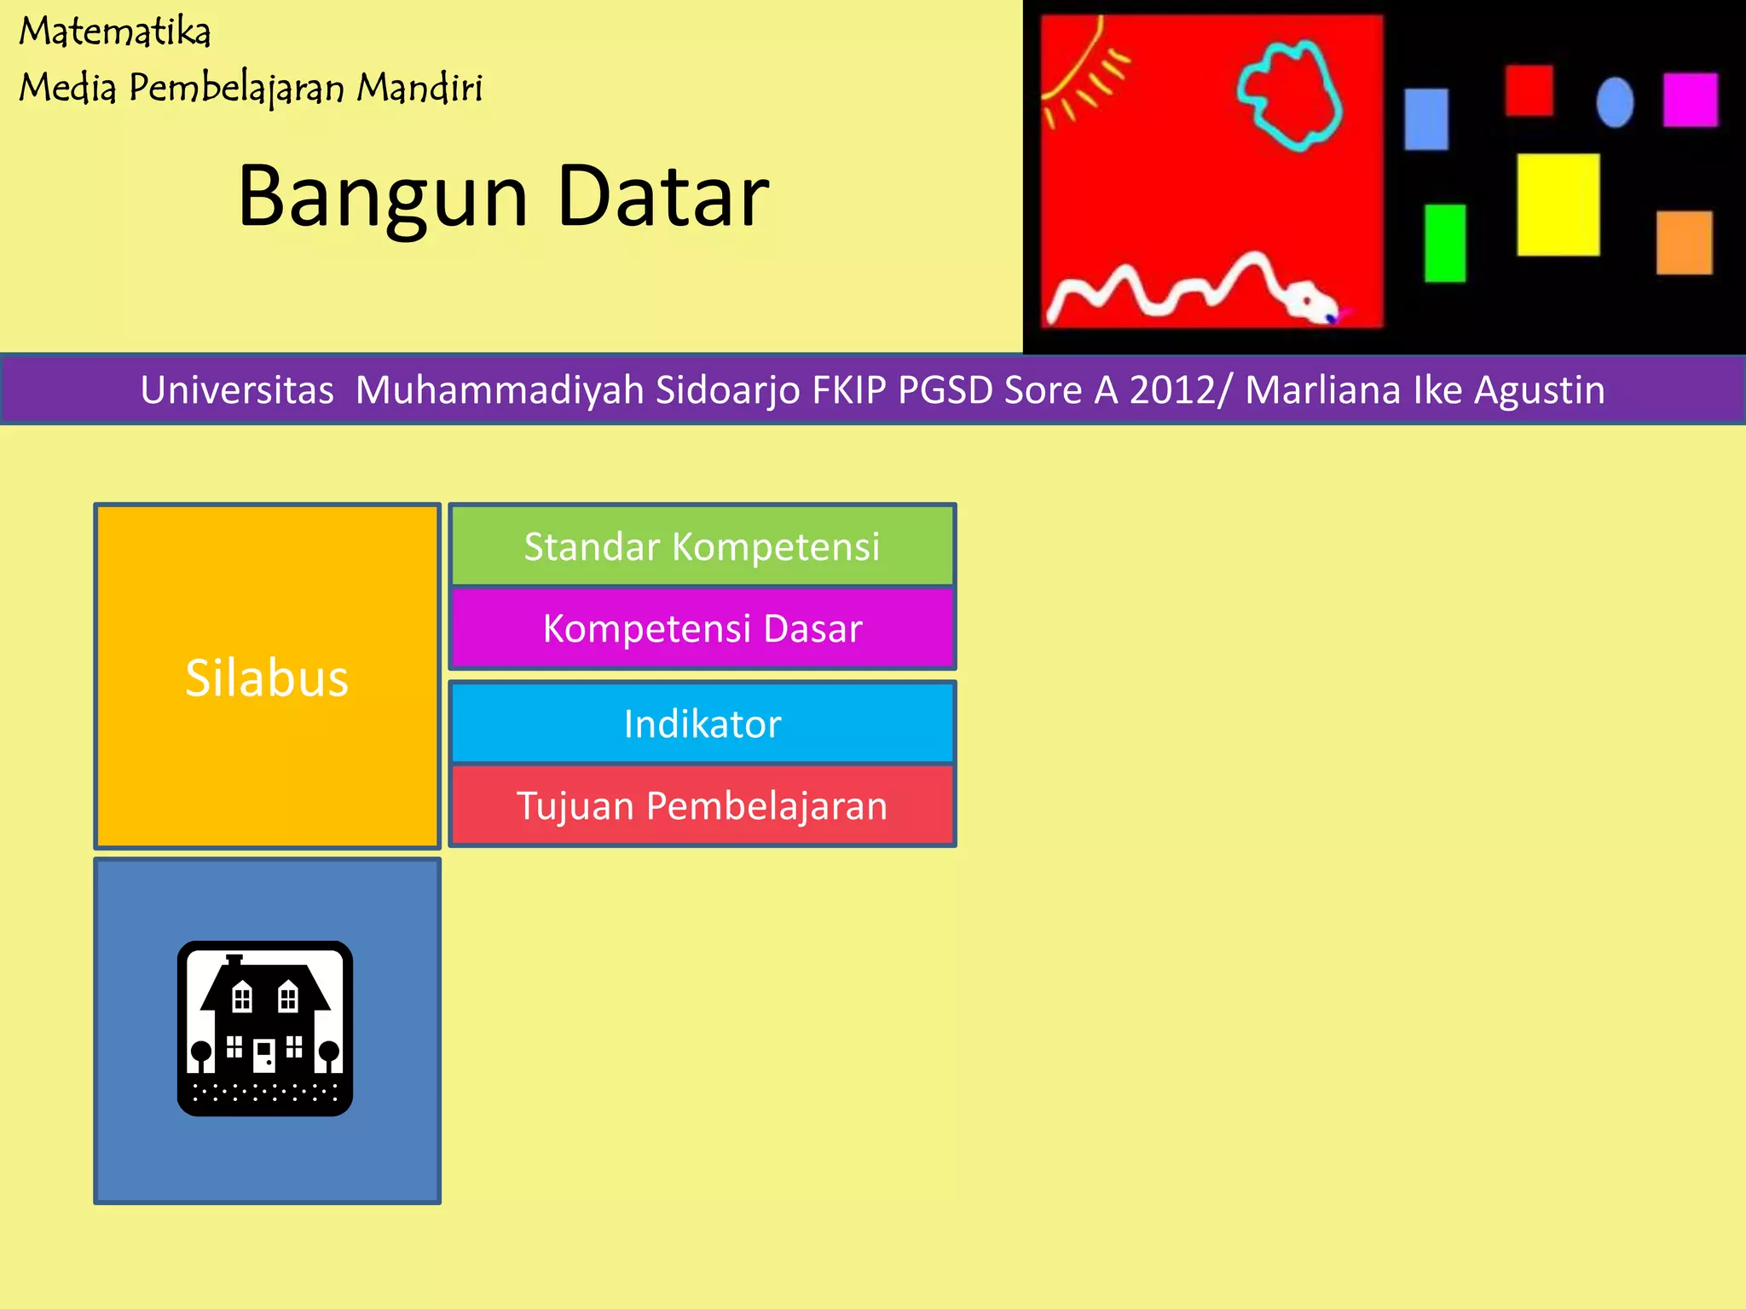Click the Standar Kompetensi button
coord(702,546)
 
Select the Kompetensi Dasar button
coord(702,629)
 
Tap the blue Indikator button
coord(702,724)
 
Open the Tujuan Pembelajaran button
coord(702,805)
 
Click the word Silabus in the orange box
coord(267,678)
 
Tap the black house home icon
coord(265,1029)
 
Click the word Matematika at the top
coord(115,32)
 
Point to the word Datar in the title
coord(662,196)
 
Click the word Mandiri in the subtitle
coord(419,87)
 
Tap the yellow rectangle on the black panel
coord(1558,205)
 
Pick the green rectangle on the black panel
coord(1445,243)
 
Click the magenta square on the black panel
coord(1690,100)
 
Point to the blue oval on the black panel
coord(1615,102)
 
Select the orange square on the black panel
coord(1684,243)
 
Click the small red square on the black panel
coord(1529,90)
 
